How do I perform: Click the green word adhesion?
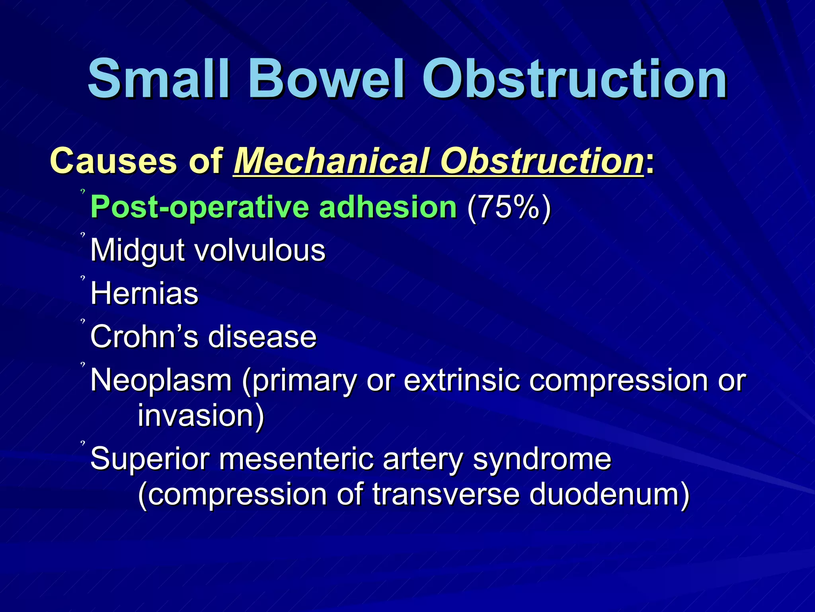[x=388, y=207]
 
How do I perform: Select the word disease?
[x=263, y=337]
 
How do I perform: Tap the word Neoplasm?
[x=161, y=380]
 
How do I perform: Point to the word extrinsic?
[x=462, y=380]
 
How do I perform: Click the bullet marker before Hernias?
[x=83, y=278]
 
